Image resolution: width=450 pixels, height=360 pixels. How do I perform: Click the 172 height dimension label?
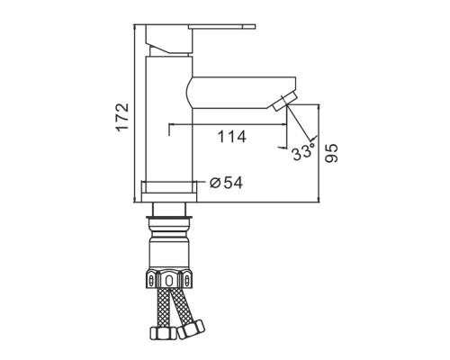tap(122, 117)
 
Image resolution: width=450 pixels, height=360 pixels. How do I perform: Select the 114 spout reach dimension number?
tap(231, 137)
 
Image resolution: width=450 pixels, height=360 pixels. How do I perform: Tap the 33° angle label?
tap(303, 152)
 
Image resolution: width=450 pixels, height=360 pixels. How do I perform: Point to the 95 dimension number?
tap(331, 153)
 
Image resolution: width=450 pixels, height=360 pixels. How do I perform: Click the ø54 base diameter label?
tap(226, 183)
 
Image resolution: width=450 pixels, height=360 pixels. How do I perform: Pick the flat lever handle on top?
tap(221, 27)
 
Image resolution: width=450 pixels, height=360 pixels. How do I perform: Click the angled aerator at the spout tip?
tap(285, 102)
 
